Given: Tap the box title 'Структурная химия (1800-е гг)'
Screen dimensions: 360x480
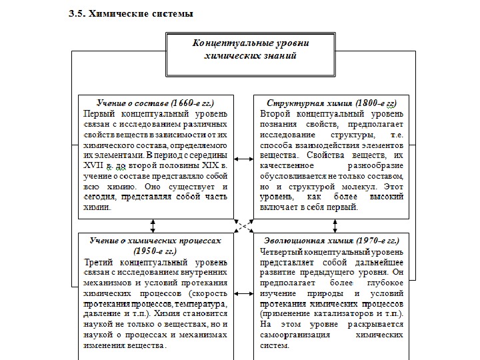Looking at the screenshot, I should [331, 103].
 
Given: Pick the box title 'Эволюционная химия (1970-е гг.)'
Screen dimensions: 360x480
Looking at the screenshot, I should [331, 241].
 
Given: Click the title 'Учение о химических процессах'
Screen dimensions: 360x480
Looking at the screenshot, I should [155, 241].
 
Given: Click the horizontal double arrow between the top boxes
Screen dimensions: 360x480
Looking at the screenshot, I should [243, 159].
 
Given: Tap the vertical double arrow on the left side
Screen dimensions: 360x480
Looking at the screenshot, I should [153, 225].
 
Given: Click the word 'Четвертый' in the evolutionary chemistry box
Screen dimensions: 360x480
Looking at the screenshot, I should [281, 251].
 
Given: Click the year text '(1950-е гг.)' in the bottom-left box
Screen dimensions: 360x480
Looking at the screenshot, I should [155, 251].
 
